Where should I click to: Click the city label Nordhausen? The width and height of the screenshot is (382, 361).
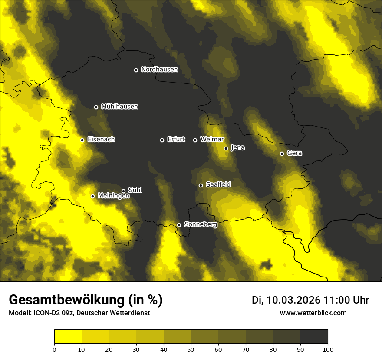159,70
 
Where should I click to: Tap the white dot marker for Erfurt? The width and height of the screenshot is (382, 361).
162,140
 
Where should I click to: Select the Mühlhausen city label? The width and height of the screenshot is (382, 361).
119,107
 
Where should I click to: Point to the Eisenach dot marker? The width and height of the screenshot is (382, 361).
82,140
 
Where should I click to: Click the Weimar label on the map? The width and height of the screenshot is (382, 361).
212,140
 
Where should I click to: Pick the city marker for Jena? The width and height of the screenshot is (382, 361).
226,148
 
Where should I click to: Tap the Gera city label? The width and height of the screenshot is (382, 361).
294,153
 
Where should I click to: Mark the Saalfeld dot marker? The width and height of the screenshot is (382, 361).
201,185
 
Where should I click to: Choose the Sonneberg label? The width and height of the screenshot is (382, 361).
201,224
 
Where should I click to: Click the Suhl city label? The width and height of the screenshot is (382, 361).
135,190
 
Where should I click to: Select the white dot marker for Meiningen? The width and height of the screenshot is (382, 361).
92,196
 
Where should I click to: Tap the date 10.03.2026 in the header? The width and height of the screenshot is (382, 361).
293,300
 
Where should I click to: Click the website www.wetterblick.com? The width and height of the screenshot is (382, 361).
313,313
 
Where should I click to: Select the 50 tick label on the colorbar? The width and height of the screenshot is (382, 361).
191,349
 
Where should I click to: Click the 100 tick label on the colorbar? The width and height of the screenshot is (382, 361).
328,349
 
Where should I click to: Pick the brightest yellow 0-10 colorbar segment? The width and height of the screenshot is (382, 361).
68,337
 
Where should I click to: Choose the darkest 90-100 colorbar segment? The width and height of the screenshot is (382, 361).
314,337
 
